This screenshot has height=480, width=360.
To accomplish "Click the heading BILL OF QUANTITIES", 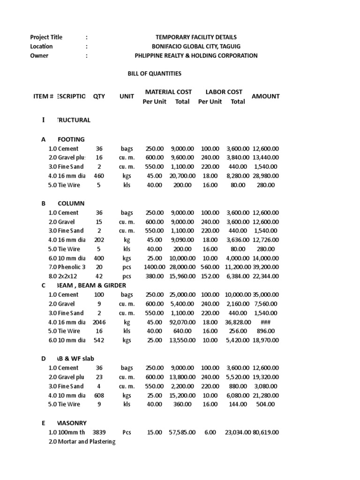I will [155, 74].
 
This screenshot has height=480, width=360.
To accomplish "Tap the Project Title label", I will [46, 37].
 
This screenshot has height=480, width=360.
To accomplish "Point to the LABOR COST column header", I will [224, 92].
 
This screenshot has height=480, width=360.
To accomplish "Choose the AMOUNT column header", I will [265, 96].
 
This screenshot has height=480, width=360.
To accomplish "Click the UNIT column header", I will [127, 96].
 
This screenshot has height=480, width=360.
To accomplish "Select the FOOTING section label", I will [71, 139].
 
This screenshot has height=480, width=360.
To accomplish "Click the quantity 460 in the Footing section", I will [98, 176].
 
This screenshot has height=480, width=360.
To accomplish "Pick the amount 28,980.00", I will [265, 176].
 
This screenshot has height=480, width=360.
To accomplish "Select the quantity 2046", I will [99, 322].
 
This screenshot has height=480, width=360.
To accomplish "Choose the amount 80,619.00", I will [265, 432].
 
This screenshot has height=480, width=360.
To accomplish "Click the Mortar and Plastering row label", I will [82, 442].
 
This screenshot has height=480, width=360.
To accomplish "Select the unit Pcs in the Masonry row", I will [127, 432].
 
